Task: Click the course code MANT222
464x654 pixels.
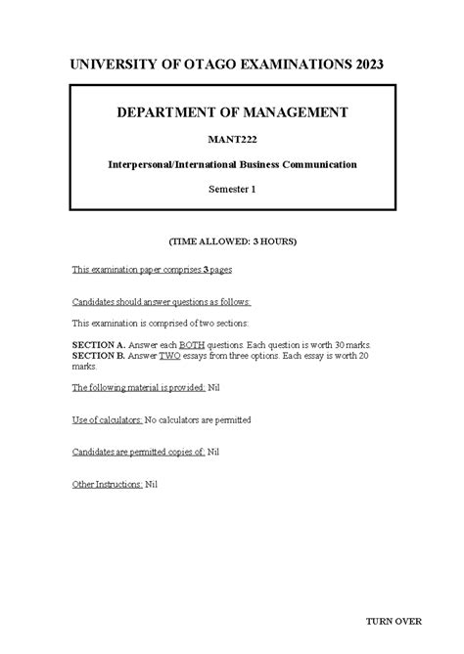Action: pos(232,141)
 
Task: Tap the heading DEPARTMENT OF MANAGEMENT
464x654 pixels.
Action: pos(232,114)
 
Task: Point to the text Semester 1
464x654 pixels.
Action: pos(232,190)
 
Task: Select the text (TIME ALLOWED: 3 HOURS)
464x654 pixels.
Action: pos(232,240)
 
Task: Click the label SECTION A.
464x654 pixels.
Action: pos(99,346)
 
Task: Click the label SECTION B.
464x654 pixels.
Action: pos(99,357)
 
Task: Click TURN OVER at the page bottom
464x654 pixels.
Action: pos(394,621)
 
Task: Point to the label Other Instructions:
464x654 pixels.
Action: pos(108,483)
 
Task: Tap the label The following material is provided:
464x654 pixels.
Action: pos(139,388)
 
